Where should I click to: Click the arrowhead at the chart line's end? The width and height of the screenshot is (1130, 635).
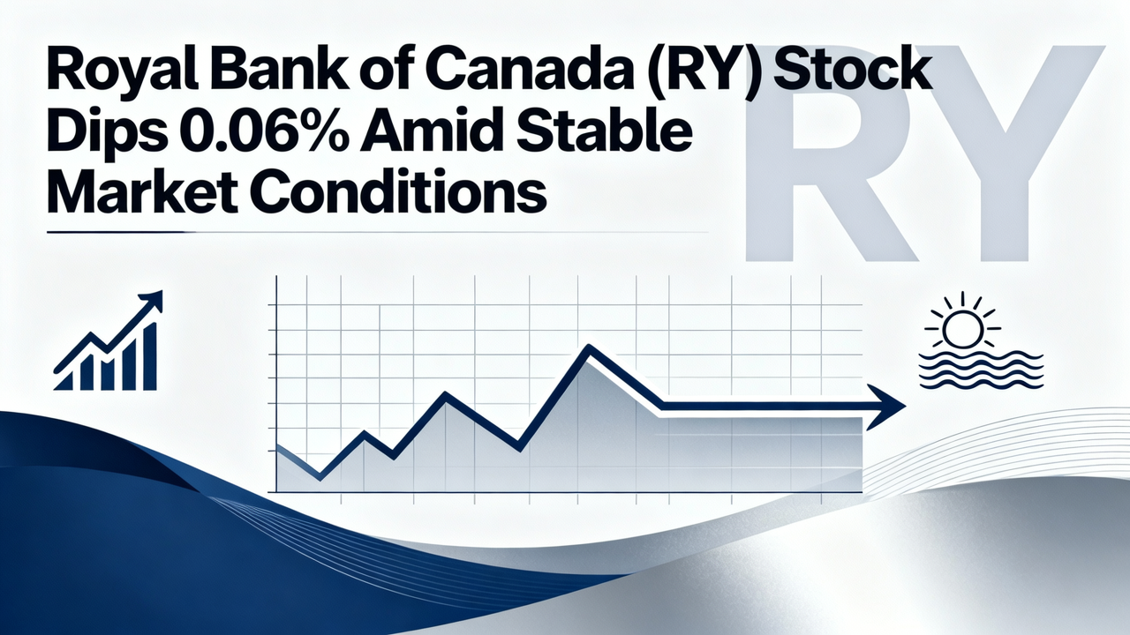887,407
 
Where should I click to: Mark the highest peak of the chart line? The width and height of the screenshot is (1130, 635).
587,349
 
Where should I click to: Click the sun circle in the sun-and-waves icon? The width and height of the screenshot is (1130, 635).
959,329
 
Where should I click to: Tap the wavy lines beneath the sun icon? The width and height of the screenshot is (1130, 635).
980,369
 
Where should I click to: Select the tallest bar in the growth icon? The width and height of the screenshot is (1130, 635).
149,356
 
